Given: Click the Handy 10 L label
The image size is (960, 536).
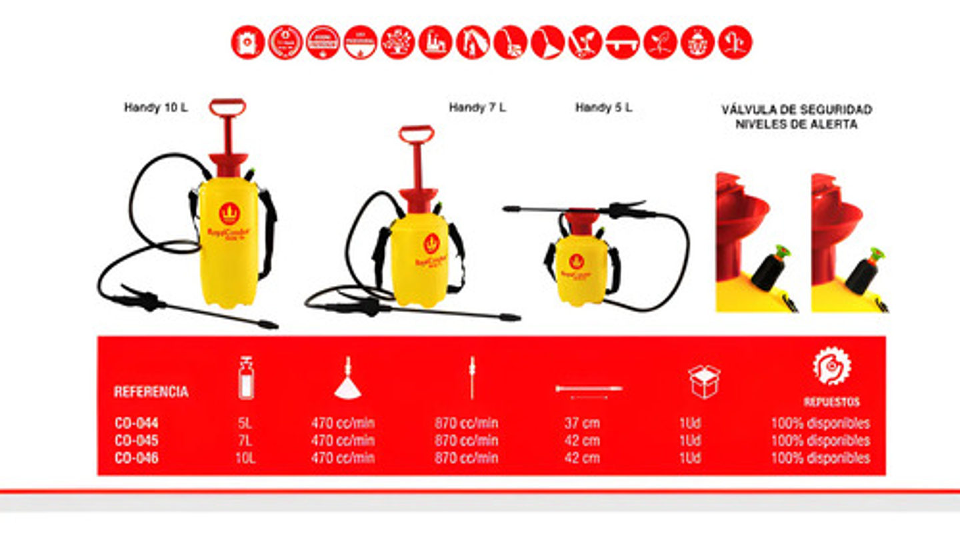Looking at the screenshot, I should (x=155, y=107).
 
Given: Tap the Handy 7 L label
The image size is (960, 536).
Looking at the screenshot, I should (x=477, y=107).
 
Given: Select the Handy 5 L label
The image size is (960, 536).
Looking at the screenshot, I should (x=604, y=107).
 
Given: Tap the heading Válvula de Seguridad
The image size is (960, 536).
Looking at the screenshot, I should (x=797, y=109).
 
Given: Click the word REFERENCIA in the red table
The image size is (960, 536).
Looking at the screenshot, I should (x=151, y=392).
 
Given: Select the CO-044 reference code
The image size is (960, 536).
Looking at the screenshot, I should (x=137, y=423).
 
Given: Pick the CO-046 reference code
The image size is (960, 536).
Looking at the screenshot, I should (x=137, y=458).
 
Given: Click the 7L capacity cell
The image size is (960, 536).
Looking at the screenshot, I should (x=246, y=441).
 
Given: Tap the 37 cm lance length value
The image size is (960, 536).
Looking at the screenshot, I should (x=581, y=423).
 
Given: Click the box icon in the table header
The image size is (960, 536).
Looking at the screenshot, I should (x=704, y=381).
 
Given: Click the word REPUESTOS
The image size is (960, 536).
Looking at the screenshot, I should (x=831, y=402).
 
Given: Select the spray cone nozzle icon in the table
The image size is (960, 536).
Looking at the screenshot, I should (x=347, y=380).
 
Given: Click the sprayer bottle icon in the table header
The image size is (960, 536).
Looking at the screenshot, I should (x=246, y=378).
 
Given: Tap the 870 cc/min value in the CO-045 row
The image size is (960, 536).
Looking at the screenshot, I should (x=466, y=441).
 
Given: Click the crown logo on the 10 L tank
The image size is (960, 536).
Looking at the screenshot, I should (x=229, y=213).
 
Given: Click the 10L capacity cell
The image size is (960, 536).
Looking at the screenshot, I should (x=246, y=458).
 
